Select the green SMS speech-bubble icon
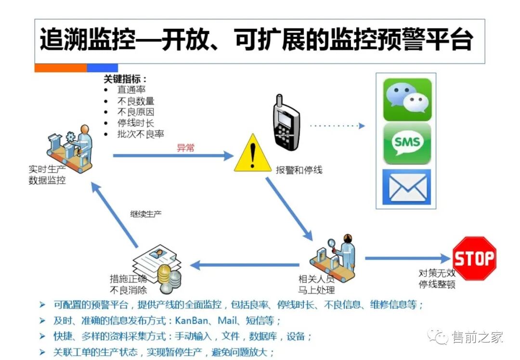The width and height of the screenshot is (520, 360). click(x=407, y=143)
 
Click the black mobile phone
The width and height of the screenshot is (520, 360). click(x=286, y=123)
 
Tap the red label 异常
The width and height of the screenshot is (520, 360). click(x=185, y=148)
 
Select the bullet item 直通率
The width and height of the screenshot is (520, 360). click(x=131, y=90)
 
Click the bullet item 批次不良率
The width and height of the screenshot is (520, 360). click(x=141, y=134)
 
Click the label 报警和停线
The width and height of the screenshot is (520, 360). click(x=299, y=170)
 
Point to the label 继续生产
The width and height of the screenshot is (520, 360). click(x=146, y=213)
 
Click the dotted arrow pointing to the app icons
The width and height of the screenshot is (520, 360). click(x=337, y=126)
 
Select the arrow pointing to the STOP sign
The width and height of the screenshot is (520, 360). click(x=407, y=259)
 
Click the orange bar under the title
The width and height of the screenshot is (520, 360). click(x=60, y=68)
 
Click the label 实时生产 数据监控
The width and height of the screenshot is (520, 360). click(x=47, y=175)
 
